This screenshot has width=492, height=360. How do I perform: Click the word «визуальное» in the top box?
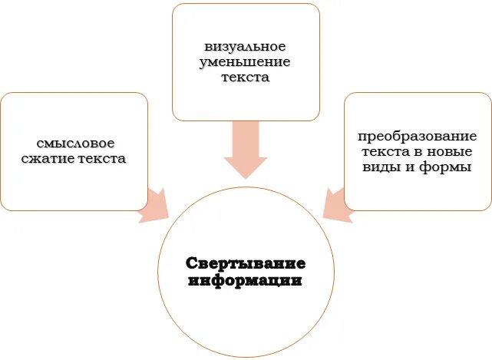(x=245, y=46)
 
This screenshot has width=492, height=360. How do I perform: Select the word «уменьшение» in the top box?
(x=245, y=62)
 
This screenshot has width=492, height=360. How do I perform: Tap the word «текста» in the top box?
(x=245, y=78)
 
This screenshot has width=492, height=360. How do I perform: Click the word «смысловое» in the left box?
(x=74, y=143)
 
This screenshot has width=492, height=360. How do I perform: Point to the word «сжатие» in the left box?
(x=53, y=159)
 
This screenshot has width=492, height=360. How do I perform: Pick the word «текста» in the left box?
(x=101, y=159)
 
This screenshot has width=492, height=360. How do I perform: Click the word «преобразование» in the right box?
(x=418, y=135)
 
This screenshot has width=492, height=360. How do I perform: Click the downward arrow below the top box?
(x=245, y=150)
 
